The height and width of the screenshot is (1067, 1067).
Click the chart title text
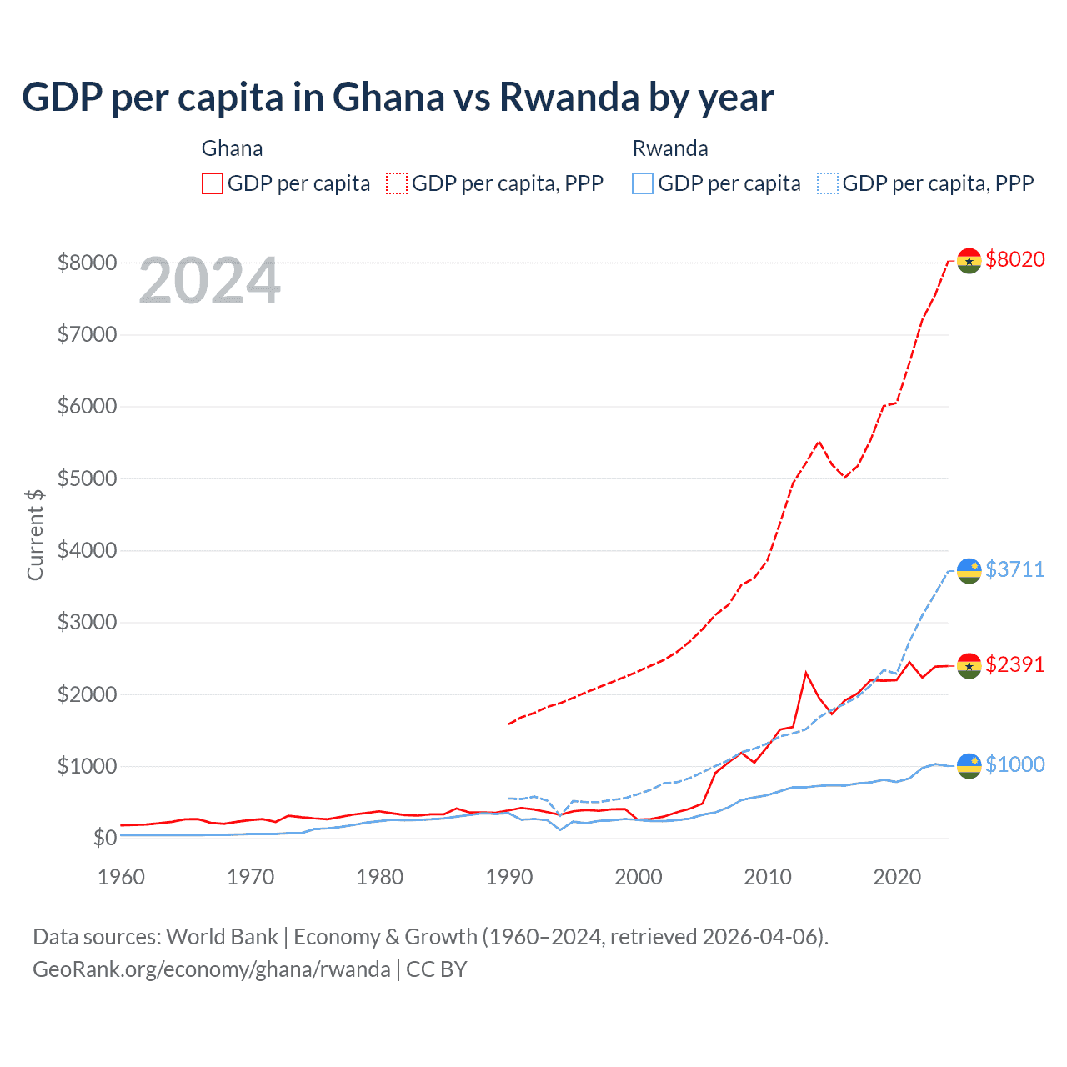point(398,98)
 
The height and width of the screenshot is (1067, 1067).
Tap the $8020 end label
point(1014,259)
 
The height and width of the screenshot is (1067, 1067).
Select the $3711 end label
point(1014,569)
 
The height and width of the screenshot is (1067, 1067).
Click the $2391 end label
point(1014,664)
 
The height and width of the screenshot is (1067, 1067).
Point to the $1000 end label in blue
point(1014,764)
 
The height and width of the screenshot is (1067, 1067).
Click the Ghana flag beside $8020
point(969,261)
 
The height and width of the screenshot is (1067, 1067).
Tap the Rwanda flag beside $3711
point(969,571)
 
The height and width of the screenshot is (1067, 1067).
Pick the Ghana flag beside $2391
point(969,666)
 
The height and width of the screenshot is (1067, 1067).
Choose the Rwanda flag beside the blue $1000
point(969,765)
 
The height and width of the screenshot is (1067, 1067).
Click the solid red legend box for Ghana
point(213,183)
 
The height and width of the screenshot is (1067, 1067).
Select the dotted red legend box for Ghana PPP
point(397,183)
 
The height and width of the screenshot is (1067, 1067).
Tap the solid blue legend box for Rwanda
point(643,183)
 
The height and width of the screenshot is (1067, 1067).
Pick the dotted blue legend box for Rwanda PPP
point(828,183)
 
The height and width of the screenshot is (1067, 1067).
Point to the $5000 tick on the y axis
point(87,478)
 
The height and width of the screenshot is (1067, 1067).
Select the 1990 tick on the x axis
point(509,877)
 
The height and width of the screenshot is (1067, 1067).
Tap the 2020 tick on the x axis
point(897,877)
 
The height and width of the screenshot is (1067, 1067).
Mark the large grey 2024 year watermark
point(209,282)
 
